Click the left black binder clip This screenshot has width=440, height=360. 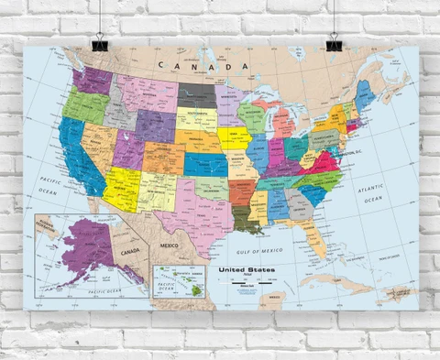(x=98, y=41)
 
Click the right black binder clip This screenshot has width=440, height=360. (x=335, y=41)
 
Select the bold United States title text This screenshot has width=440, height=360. (x=245, y=271)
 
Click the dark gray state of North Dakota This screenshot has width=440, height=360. (x=196, y=93)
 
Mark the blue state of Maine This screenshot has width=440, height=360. (x=364, y=94)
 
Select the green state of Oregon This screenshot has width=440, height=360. (x=84, y=108)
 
